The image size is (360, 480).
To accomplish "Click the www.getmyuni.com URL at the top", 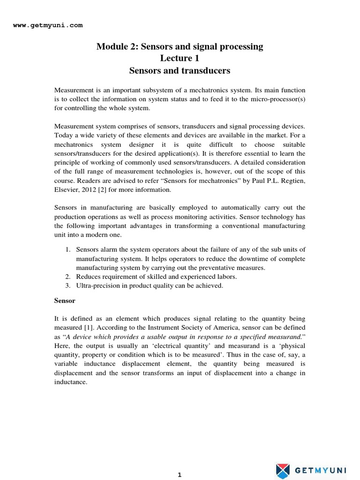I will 47,25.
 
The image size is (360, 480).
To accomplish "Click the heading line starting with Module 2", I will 180,46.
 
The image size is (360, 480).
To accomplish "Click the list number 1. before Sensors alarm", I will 67,250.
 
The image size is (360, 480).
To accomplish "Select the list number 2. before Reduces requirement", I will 67,277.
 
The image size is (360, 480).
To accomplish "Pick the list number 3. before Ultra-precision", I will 67,285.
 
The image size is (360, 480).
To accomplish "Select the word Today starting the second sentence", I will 63,135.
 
